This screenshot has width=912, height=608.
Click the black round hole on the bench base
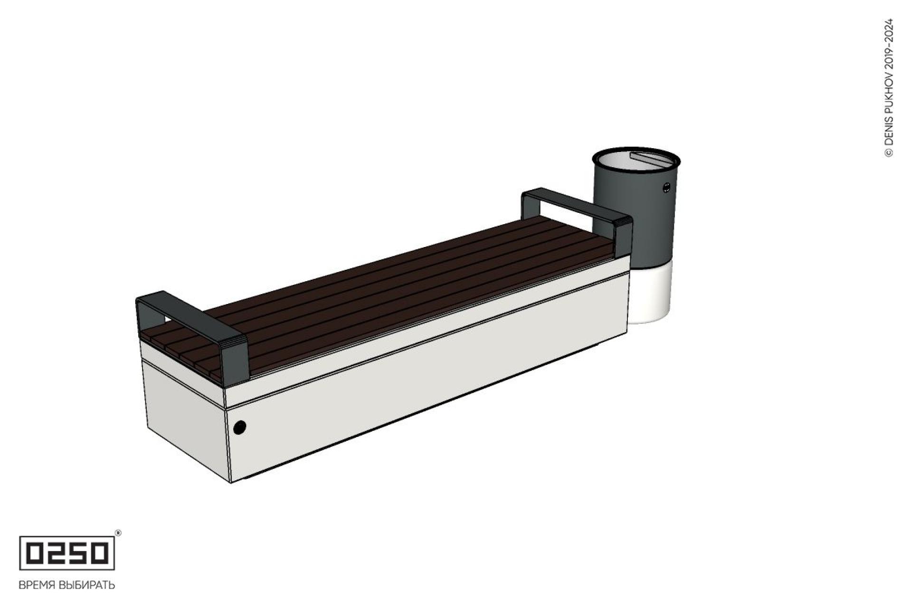(x=240, y=427)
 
